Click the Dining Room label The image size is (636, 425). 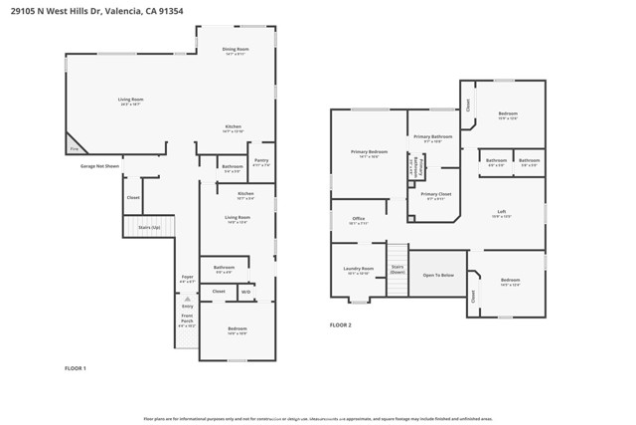coord(236,49)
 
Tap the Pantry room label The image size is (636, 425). coord(260,160)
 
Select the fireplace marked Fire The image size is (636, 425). coord(74,148)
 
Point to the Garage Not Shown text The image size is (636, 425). coord(100,166)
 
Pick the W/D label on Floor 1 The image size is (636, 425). coord(244,292)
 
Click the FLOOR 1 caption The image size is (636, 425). coord(76,369)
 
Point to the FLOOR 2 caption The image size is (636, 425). coord(340,324)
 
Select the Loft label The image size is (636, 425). coord(503,211)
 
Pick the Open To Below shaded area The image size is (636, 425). coord(438,275)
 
